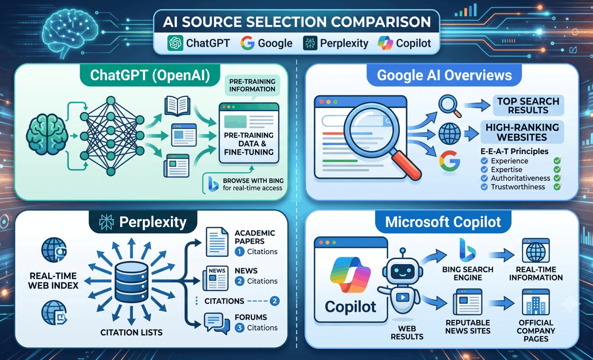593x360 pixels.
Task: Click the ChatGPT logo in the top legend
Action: tap(175, 43)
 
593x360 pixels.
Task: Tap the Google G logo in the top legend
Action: tap(247, 43)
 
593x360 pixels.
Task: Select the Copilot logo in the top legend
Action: tap(385, 43)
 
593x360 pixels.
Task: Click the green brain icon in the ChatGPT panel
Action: tap(47, 135)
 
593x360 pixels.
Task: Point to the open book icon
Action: tap(177, 105)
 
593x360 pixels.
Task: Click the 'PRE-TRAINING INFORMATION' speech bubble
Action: tap(252, 85)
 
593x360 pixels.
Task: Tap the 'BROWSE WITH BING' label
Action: tap(253, 181)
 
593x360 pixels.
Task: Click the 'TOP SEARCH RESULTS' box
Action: tap(528, 105)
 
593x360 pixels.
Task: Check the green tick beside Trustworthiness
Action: tap(557, 187)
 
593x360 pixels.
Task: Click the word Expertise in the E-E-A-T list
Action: tap(506, 169)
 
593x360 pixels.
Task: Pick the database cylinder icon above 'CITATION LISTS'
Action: tap(131, 282)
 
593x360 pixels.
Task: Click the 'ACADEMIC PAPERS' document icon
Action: tap(217, 242)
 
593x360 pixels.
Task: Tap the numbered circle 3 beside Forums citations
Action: tap(239, 328)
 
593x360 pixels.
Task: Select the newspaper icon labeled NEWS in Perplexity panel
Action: tap(215, 278)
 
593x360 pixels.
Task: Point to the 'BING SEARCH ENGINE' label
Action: tap(468, 273)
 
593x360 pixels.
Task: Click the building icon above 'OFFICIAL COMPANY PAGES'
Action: tap(536, 302)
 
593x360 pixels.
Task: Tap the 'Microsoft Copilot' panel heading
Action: tap(443, 222)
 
